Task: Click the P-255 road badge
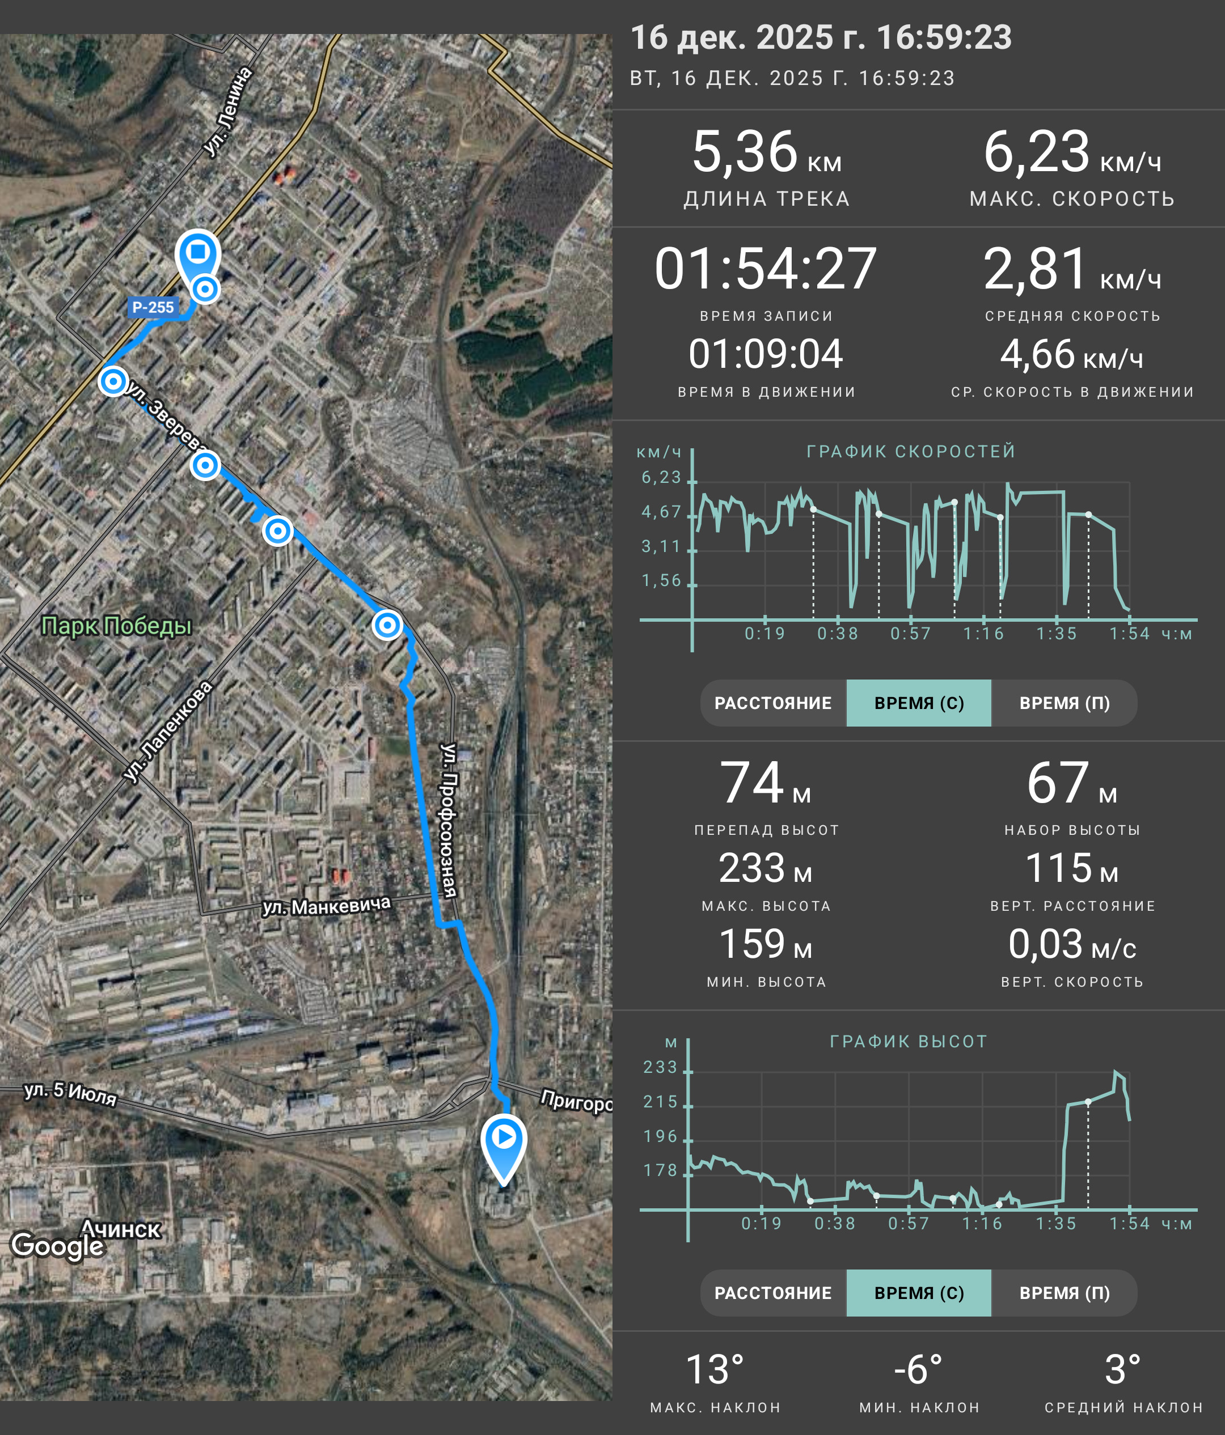tap(153, 307)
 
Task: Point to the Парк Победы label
tap(116, 625)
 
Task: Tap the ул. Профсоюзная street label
tap(450, 820)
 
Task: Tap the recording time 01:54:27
tap(766, 269)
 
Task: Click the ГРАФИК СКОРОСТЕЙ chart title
tap(910, 452)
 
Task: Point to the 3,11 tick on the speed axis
tap(661, 546)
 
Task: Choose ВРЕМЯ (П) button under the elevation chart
tap(1065, 1293)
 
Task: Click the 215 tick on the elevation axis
tap(660, 1102)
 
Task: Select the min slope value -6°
tap(918, 1370)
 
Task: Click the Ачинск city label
tap(121, 1229)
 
